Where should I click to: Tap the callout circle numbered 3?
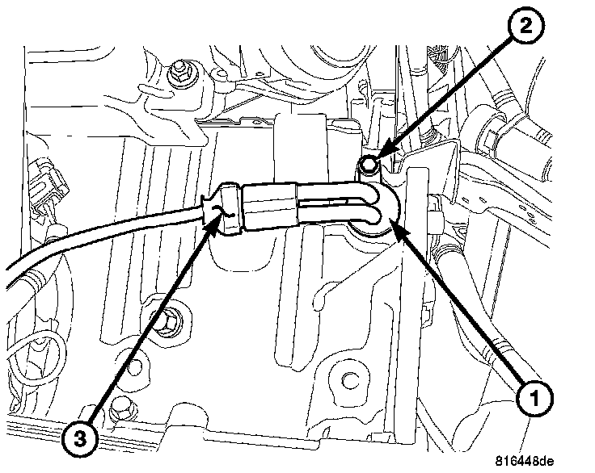[x=78, y=439]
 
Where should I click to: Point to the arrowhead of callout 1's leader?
[x=395, y=229]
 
